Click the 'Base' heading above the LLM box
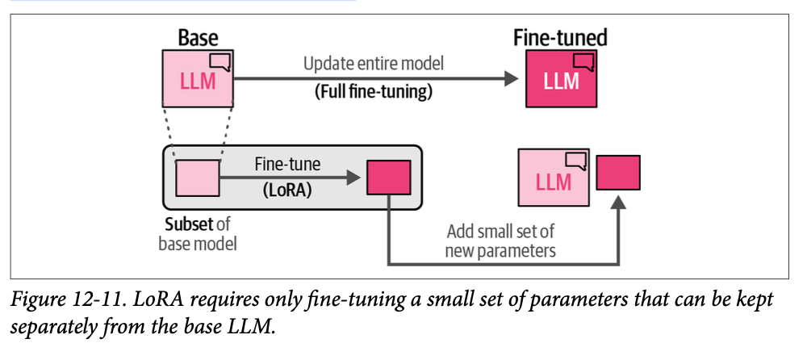click(198, 38)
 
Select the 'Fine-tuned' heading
click(560, 38)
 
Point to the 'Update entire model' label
click(373, 63)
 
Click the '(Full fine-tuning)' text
click(373, 91)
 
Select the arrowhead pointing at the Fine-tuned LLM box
click(508, 78)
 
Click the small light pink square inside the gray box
click(197, 178)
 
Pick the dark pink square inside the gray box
click(389, 178)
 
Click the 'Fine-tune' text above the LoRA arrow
click(287, 164)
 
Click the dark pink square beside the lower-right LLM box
click(618, 172)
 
